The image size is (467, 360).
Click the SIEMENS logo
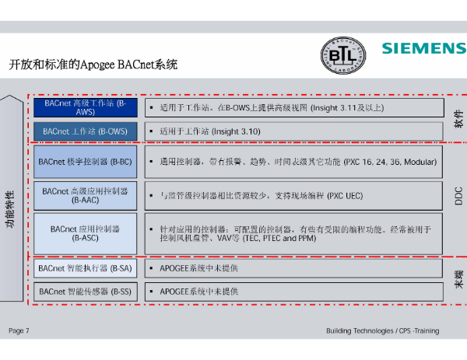(423, 48)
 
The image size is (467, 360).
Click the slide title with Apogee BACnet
(93, 65)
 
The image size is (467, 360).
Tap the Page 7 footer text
(19, 331)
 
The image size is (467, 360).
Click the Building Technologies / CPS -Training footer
(382, 331)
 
